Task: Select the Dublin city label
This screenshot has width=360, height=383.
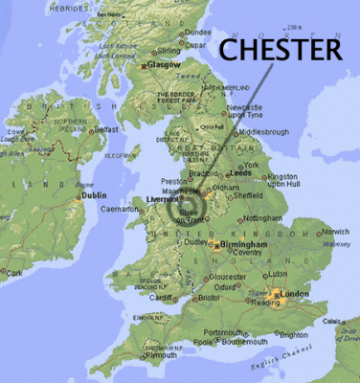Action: tap(94, 195)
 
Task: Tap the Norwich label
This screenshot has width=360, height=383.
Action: tap(335, 232)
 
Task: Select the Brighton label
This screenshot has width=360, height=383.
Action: tap(293, 334)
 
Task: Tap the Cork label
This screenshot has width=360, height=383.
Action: tap(12, 272)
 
